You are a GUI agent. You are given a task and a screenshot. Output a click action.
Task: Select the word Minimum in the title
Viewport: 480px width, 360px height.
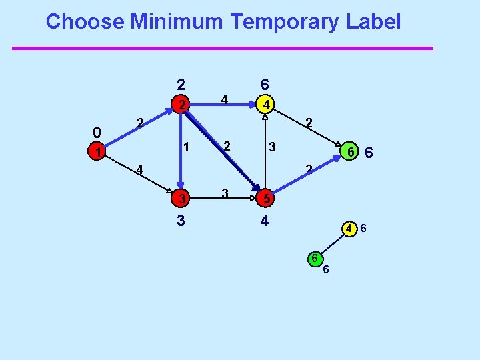tap(177, 22)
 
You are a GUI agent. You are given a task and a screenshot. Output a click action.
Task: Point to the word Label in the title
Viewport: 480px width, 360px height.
tap(373, 22)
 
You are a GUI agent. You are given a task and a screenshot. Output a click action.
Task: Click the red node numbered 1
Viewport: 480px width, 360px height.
tap(98, 153)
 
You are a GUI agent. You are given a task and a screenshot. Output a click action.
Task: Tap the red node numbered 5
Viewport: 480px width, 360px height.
tap(265, 198)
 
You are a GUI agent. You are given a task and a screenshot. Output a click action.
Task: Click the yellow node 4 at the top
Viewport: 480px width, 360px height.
tap(265, 105)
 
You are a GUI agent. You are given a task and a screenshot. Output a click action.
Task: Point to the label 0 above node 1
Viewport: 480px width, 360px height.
tap(97, 131)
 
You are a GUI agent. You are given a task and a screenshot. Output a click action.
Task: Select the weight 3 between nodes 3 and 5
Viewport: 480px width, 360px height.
tap(225, 193)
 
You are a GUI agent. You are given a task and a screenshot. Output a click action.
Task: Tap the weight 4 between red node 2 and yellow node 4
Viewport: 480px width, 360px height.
tap(225, 100)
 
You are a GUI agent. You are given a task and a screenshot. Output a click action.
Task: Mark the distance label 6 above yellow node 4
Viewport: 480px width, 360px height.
tap(265, 85)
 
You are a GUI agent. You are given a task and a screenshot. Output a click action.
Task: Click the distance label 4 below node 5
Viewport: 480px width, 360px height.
tap(265, 220)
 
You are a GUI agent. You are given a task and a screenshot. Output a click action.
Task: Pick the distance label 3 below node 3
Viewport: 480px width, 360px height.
tap(181, 220)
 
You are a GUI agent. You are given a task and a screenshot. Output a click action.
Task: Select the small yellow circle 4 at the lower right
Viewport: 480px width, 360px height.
tap(349, 229)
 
